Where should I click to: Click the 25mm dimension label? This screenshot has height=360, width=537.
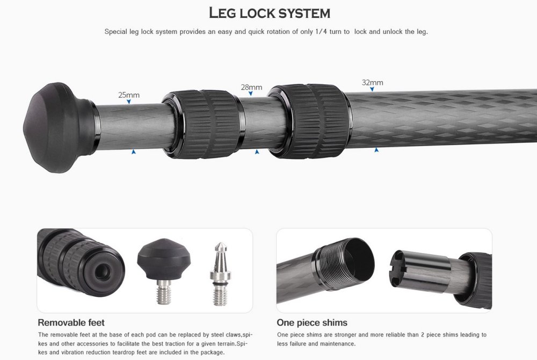click(x=129, y=95)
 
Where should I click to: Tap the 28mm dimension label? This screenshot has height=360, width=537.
click(x=251, y=87)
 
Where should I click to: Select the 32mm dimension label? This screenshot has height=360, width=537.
click(x=372, y=83)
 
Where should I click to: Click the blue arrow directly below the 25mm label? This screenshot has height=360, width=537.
click(x=129, y=102)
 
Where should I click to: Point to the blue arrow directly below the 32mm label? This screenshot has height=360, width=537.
click(x=372, y=89)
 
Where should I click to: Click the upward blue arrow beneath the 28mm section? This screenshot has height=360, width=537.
click(x=257, y=152)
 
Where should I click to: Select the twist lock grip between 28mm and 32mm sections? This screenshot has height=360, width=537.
click(x=309, y=121)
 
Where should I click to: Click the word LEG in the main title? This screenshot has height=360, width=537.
click(x=223, y=13)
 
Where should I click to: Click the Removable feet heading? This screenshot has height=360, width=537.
click(x=71, y=323)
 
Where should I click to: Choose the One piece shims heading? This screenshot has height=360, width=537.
click(x=312, y=323)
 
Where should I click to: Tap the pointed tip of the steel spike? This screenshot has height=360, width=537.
click(x=221, y=243)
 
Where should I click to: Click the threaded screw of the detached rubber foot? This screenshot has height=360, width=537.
click(x=164, y=292)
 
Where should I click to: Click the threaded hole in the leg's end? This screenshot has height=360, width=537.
click(x=103, y=272)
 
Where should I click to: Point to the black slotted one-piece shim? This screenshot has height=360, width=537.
click(x=419, y=270)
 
